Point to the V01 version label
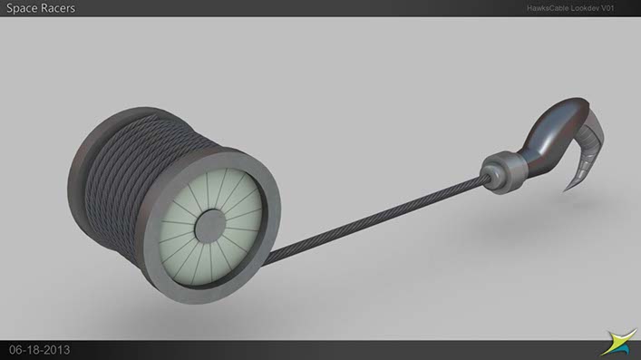pyautogui.click(x=607, y=8)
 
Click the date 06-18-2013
pyautogui.click(x=39, y=350)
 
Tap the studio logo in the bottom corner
pyautogui.click(x=618, y=342)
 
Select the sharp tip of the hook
pyautogui.click(x=566, y=190)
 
